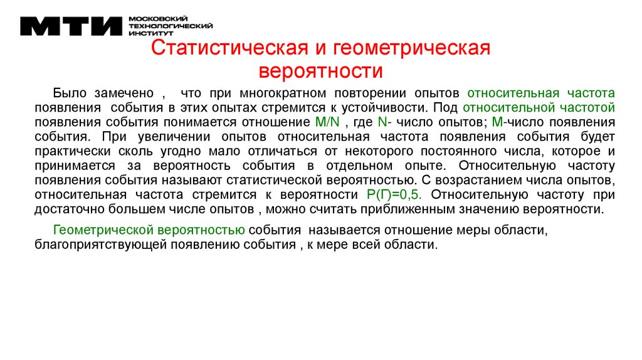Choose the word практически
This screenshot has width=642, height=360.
point(72,151)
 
